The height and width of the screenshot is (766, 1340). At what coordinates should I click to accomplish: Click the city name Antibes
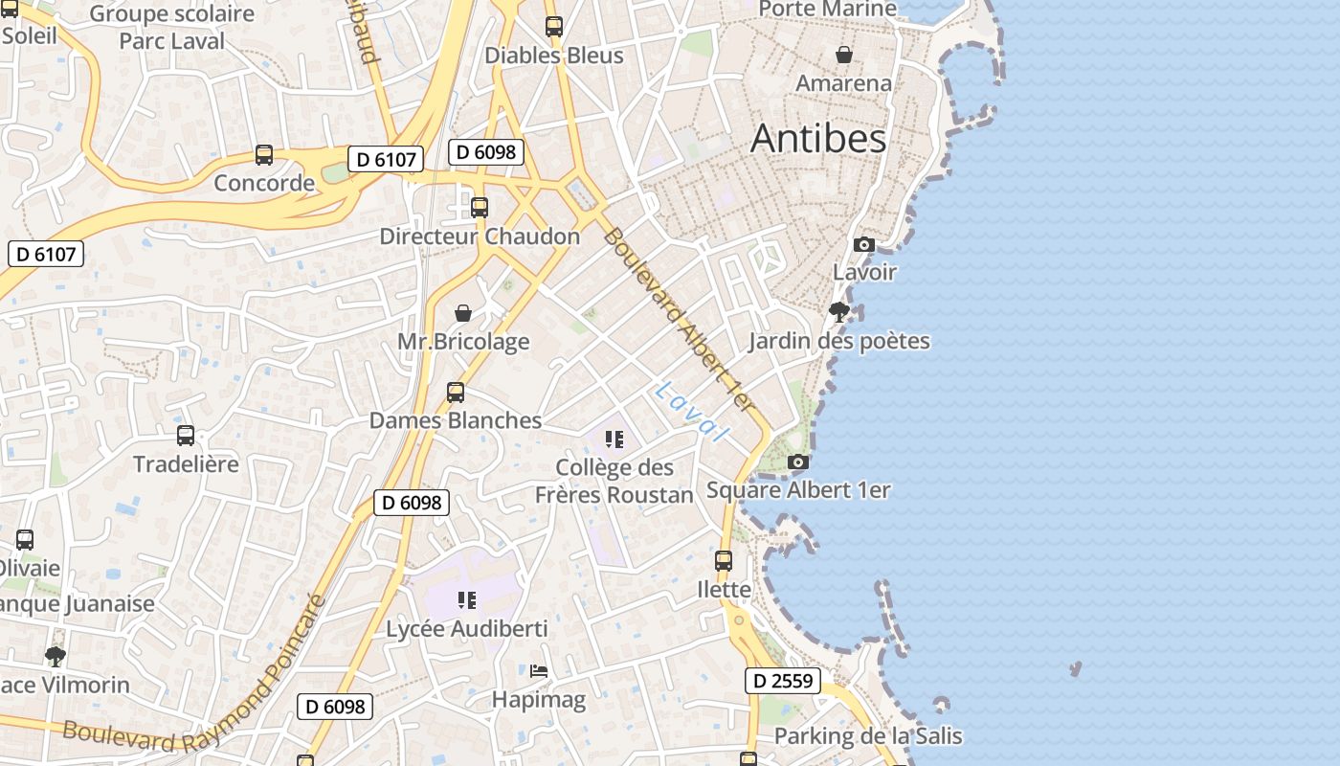click(818, 139)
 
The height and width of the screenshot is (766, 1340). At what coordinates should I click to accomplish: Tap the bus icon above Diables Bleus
click(553, 27)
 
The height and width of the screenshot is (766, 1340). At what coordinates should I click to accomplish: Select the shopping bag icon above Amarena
click(843, 55)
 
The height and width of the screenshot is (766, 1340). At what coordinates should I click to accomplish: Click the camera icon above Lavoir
click(863, 244)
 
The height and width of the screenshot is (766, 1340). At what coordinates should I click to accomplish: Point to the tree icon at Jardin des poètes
click(838, 311)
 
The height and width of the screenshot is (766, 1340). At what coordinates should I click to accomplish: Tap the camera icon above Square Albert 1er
click(797, 462)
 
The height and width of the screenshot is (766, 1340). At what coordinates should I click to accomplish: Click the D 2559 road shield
click(783, 681)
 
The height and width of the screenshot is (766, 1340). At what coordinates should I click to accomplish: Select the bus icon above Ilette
click(724, 561)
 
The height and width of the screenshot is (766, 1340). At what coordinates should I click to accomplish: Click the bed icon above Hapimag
click(539, 671)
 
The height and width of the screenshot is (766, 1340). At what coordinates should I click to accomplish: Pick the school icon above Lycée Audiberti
click(466, 600)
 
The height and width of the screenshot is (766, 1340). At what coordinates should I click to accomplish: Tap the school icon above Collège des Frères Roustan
click(614, 439)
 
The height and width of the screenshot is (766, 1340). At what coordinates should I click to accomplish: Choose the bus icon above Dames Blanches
click(456, 393)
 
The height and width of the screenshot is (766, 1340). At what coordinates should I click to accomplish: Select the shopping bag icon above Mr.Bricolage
click(463, 313)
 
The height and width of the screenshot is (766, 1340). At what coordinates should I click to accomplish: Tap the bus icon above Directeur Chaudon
click(480, 208)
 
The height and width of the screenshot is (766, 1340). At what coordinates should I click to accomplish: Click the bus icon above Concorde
click(264, 155)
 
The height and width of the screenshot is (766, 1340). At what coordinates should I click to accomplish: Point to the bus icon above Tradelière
click(186, 436)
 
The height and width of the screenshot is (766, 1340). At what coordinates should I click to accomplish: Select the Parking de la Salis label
click(867, 736)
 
